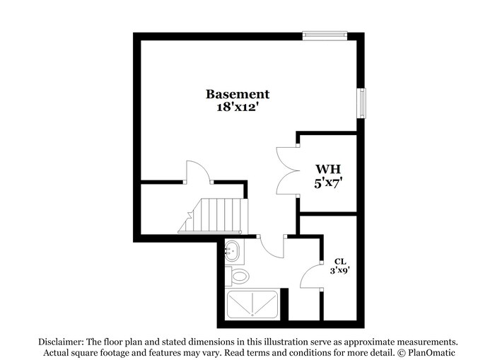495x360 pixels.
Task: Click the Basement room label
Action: coord(238,94)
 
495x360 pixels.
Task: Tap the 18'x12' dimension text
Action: coord(238,108)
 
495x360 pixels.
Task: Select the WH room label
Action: coord(328,170)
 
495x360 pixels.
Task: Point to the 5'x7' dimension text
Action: coord(328,183)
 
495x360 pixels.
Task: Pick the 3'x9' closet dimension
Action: coord(339,270)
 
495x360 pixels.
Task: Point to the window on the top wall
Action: coord(325,35)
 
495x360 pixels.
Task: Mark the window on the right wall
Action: coord(362,104)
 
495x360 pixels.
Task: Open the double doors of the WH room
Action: coord(286,170)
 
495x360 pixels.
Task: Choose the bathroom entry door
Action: coord(270,248)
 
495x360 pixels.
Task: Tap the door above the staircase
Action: coord(197,172)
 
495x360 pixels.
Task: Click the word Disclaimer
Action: coord(61,341)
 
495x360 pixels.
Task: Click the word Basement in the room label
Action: coord(238,94)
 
